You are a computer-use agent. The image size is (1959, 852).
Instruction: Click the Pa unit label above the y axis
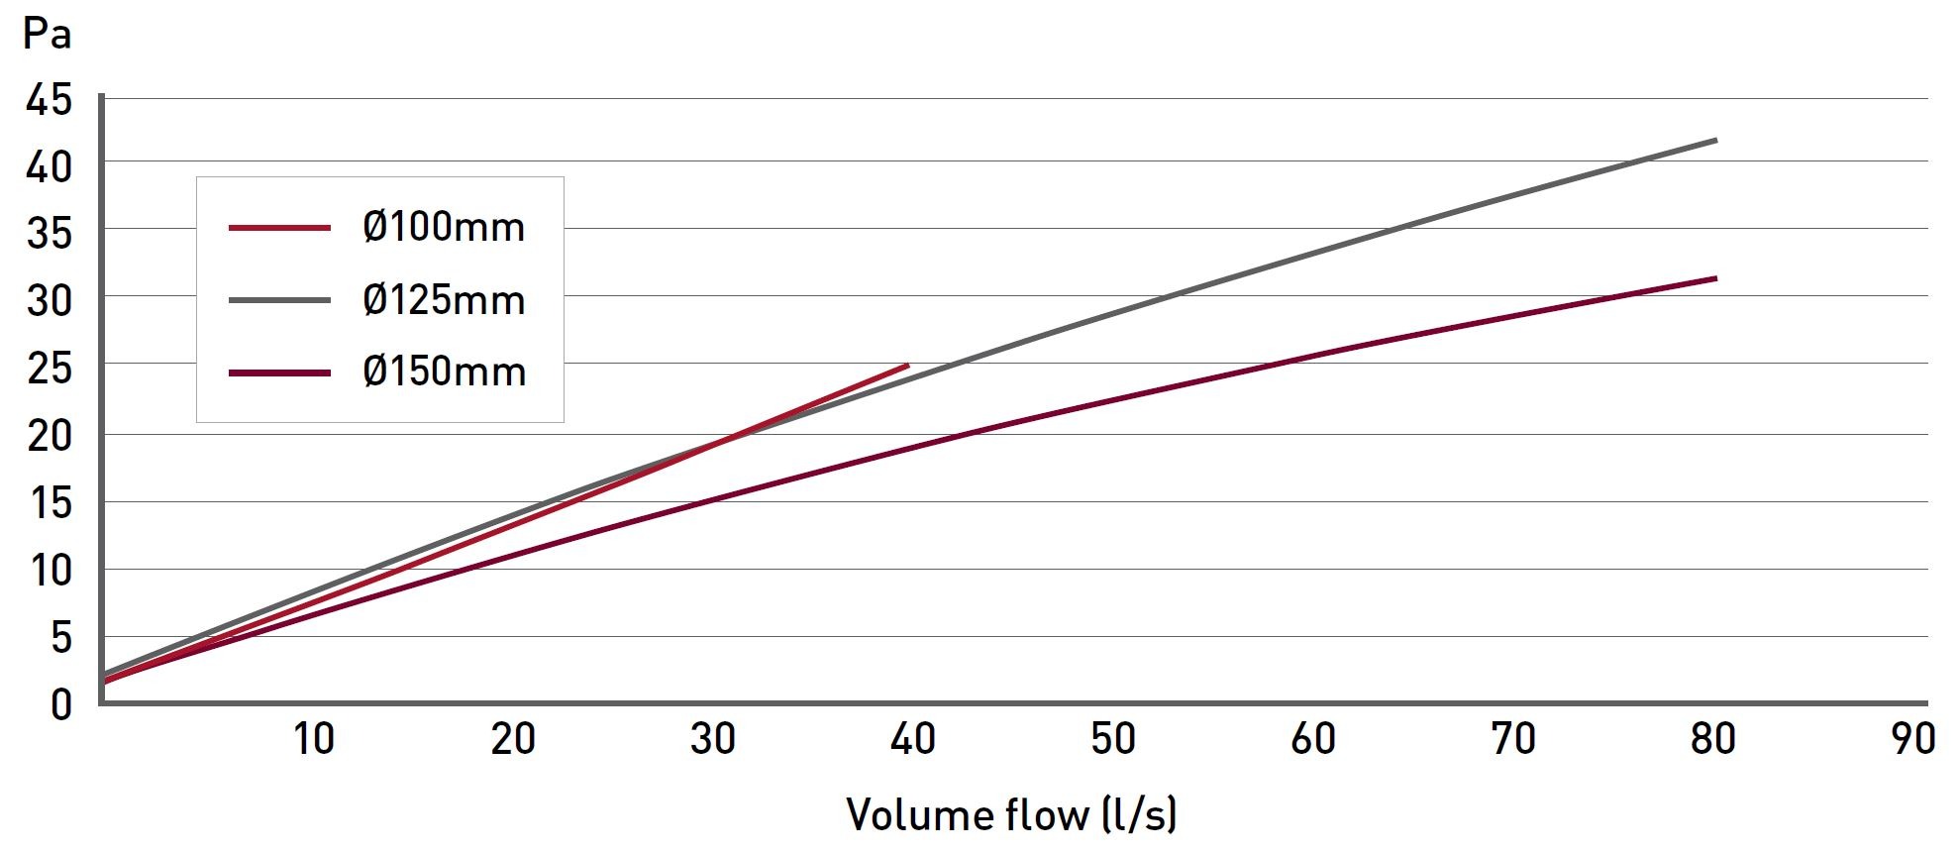(47, 34)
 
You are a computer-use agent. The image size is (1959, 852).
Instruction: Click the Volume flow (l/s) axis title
(1011, 814)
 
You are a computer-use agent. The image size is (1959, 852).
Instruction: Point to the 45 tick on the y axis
(50, 99)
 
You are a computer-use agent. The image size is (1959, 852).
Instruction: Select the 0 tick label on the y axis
(61, 704)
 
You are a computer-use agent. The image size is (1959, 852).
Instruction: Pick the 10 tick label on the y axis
(50, 570)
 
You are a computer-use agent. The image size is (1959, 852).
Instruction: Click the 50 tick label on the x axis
(1112, 739)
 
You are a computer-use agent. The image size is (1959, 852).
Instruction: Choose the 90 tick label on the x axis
(1912, 739)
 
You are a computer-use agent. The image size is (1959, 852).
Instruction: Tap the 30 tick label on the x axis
(712, 739)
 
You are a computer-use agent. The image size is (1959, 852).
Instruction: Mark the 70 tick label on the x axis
(1512, 739)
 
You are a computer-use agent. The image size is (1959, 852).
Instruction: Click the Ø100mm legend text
(444, 228)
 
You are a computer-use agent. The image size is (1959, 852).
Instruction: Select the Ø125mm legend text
(444, 300)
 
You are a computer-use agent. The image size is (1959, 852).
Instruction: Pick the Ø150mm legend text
(444, 373)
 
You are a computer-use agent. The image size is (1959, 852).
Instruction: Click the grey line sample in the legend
(279, 300)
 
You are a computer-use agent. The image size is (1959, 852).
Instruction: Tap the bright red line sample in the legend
(279, 228)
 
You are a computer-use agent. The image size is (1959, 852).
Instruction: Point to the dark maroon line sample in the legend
(279, 373)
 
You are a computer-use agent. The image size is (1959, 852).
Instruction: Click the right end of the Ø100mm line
(906, 367)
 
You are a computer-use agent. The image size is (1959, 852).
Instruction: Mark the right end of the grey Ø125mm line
(1714, 141)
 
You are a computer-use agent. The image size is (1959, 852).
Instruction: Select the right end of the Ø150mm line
(1714, 278)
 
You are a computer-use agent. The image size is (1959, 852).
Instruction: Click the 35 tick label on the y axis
(50, 234)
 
